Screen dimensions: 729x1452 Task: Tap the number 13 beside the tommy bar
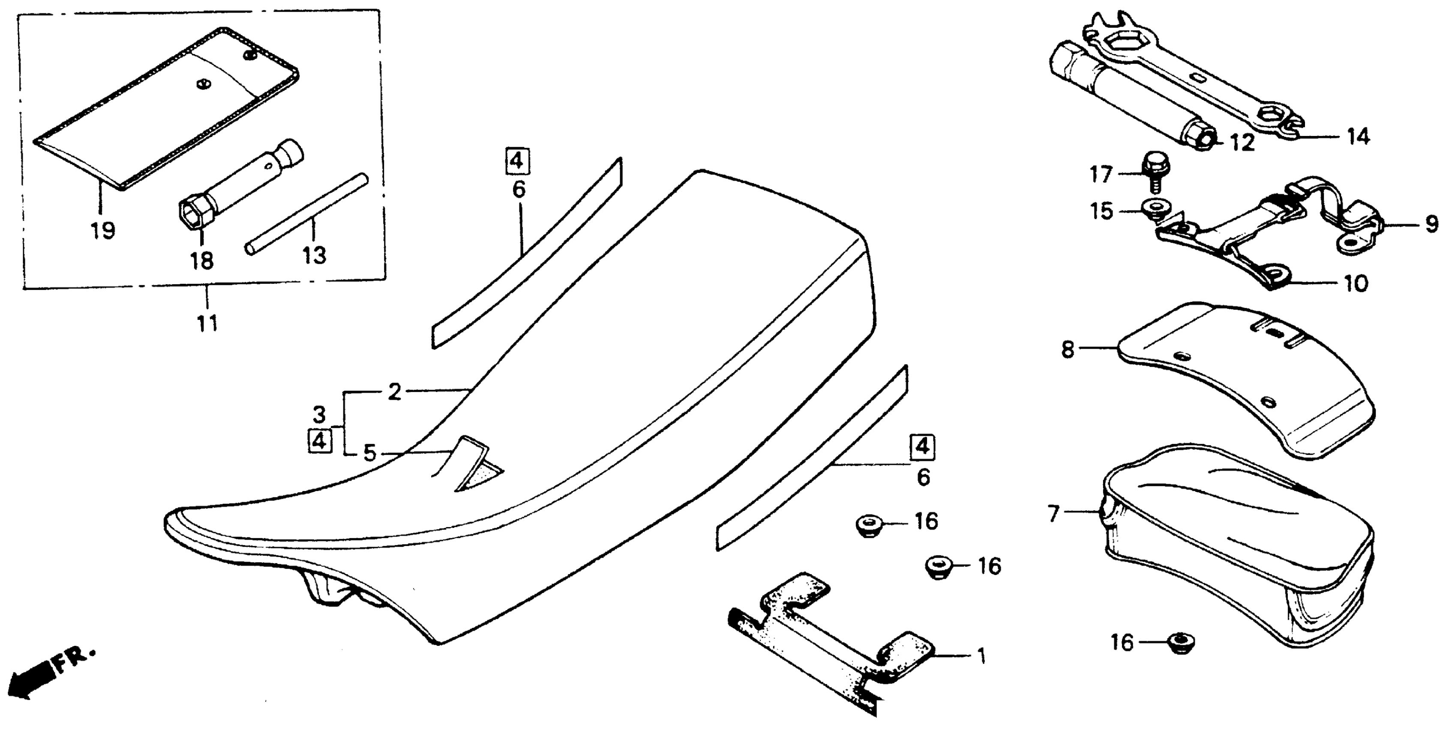click(315, 256)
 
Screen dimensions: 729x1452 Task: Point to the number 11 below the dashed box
click(208, 324)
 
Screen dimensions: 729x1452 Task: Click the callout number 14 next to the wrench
click(1359, 137)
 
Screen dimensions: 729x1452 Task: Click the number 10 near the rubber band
click(1356, 283)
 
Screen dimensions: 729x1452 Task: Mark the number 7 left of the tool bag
click(1053, 514)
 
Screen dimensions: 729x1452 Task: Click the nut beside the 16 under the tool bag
click(1179, 641)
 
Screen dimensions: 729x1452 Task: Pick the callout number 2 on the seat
click(395, 392)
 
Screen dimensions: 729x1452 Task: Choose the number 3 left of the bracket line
click(320, 416)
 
